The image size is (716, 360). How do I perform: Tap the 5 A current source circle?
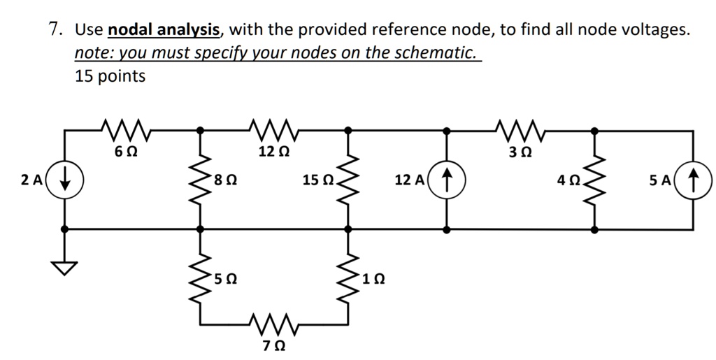coord(694,180)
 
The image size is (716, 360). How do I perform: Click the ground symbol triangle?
coord(64,267)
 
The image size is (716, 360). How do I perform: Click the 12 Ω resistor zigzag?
coord(274,129)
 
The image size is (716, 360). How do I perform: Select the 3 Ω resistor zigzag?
coord(522,129)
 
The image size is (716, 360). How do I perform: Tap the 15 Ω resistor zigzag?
coord(348,180)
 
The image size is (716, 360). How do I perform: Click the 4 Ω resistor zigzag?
coord(595,180)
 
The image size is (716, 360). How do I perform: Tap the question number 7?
coord(54,29)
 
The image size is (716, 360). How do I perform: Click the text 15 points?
coord(110,76)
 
